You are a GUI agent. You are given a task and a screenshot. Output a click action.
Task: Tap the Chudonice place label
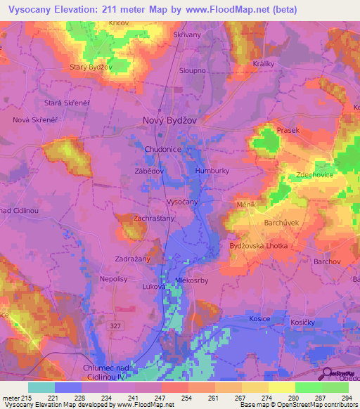[x=163, y=150]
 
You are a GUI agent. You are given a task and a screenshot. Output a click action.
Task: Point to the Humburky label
[x=212, y=171]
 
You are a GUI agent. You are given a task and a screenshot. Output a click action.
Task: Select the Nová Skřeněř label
[x=34, y=120]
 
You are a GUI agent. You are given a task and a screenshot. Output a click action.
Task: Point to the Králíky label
[x=263, y=63]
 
